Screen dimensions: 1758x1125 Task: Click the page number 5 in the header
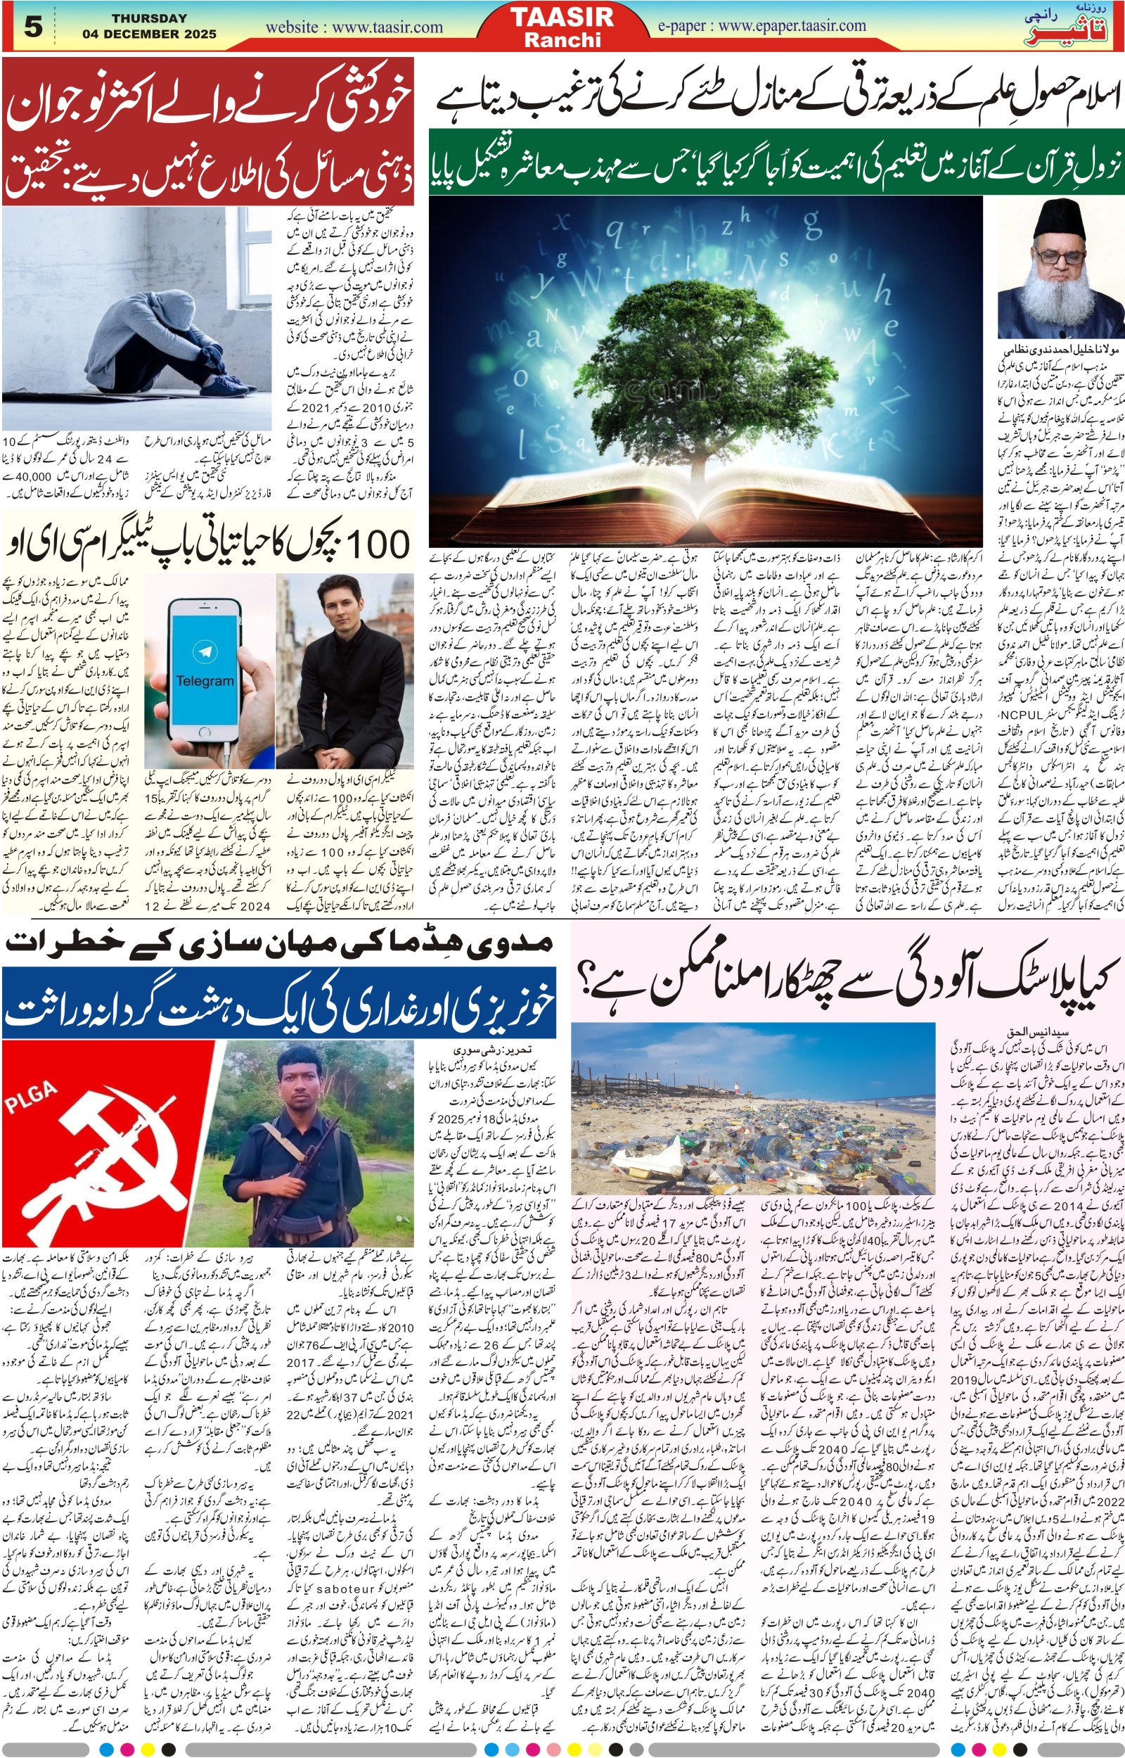point(34,27)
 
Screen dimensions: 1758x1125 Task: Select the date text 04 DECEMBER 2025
point(149,34)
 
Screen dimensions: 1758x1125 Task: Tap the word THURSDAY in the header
point(149,18)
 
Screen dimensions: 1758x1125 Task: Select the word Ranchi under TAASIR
point(562,40)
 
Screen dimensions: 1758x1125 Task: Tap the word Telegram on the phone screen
point(205,680)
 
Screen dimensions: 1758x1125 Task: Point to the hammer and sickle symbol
point(110,1161)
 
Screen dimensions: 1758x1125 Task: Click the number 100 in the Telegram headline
point(376,544)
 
